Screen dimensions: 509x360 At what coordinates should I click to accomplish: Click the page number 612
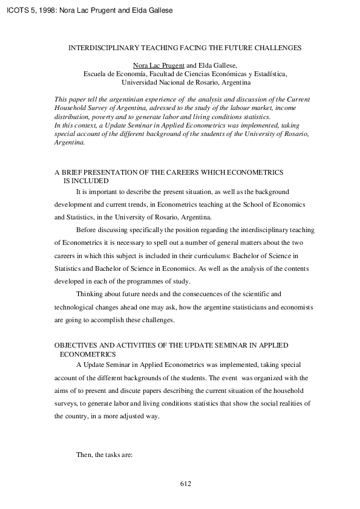point(185,484)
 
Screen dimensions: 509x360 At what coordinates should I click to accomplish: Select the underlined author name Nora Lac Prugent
point(158,65)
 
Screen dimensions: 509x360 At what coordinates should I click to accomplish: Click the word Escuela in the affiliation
point(95,74)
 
